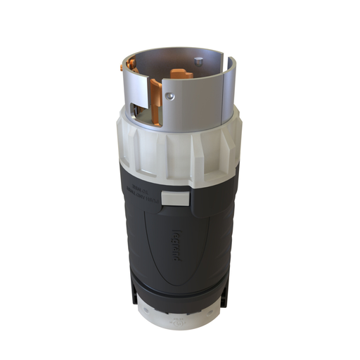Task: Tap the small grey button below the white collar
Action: click(x=174, y=198)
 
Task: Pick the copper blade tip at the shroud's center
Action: click(x=181, y=73)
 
